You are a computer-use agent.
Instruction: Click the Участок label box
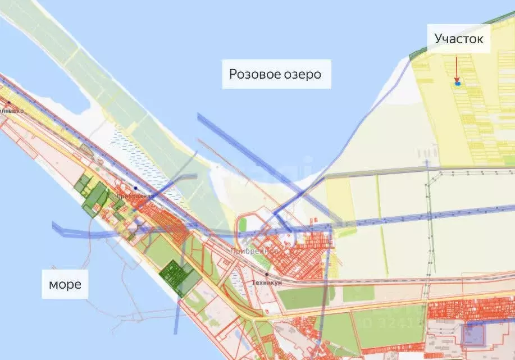click(459, 39)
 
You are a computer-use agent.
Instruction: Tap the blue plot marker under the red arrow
click(458, 84)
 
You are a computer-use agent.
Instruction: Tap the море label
click(65, 284)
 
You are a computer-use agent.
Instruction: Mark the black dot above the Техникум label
click(267, 274)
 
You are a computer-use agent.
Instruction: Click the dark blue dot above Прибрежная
click(136, 188)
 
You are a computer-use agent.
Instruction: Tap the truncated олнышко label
click(11, 111)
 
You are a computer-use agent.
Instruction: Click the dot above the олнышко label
click(8, 103)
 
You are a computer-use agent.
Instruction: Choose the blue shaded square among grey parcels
click(473, 335)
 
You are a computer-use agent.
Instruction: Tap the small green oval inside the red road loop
click(243, 224)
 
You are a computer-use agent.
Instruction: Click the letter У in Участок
click(439, 39)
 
